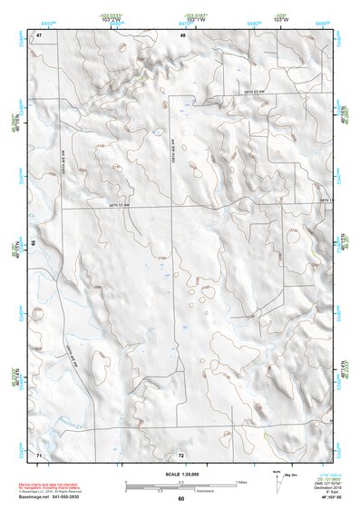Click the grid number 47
click(40, 35)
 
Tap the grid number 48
click(183, 35)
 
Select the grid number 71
click(39, 453)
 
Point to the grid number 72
click(181, 453)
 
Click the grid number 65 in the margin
click(34, 243)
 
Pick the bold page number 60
click(180, 499)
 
